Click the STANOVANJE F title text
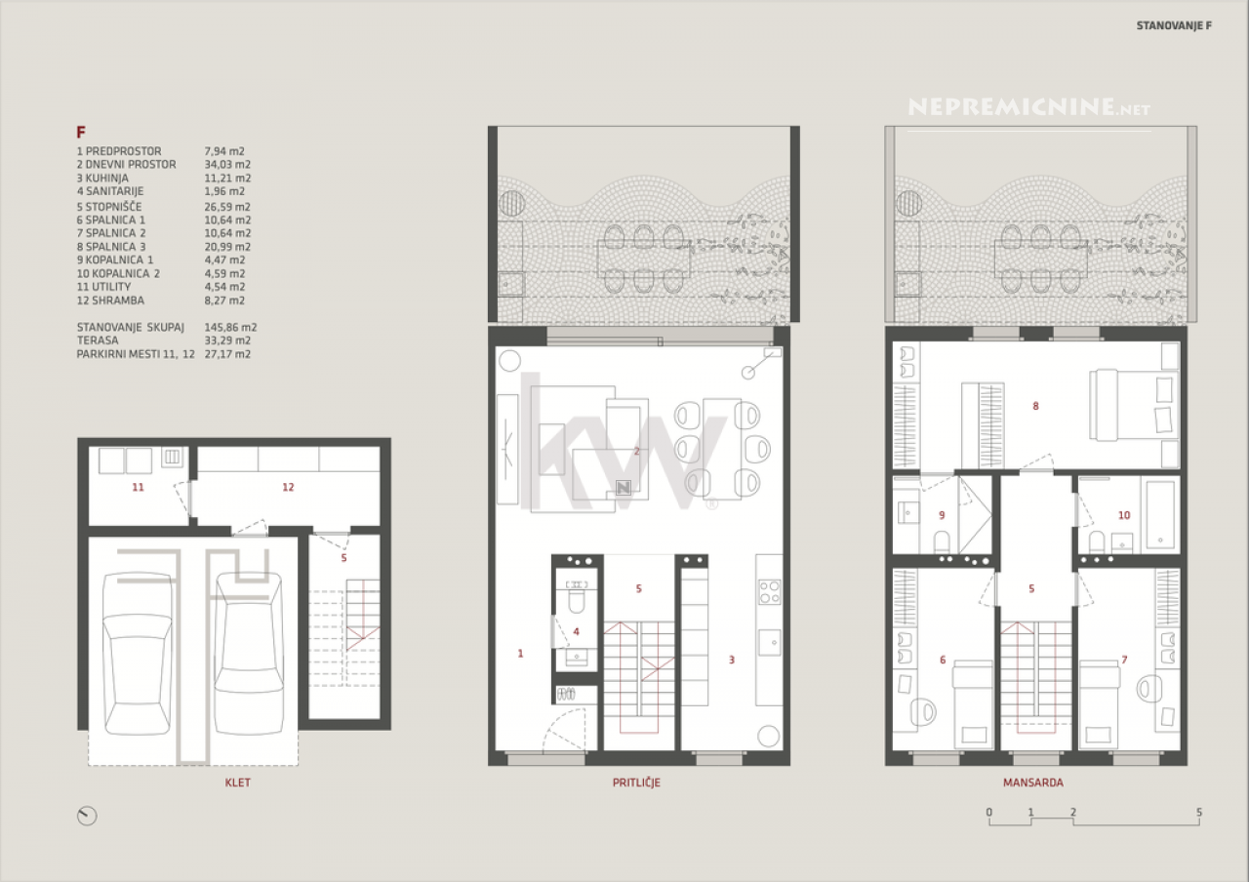pyautogui.click(x=1174, y=25)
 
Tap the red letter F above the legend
pyautogui.click(x=81, y=132)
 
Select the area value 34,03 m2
pyautogui.click(x=227, y=165)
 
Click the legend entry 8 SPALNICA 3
pyautogui.click(x=111, y=247)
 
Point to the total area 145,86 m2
pyautogui.click(x=231, y=327)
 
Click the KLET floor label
pyautogui.click(x=237, y=782)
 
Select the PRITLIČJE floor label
pyautogui.click(x=636, y=782)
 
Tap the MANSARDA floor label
pyautogui.click(x=1033, y=782)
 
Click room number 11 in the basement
pyautogui.click(x=138, y=487)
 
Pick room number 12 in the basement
pyautogui.click(x=288, y=487)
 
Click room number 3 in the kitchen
pyautogui.click(x=732, y=661)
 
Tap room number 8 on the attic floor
pyautogui.click(x=1035, y=406)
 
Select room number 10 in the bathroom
pyautogui.click(x=1124, y=515)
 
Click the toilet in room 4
pyautogui.click(x=576, y=600)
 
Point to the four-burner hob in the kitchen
pyautogui.click(x=770, y=592)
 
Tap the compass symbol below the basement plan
pyautogui.click(x=87, y=817)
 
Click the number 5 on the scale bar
pyautogui.click(x=1199, y=813)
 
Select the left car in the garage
pyautogui.click(x=138, y=654)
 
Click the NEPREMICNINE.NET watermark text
pyautogui.click(x=1028, y=107)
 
